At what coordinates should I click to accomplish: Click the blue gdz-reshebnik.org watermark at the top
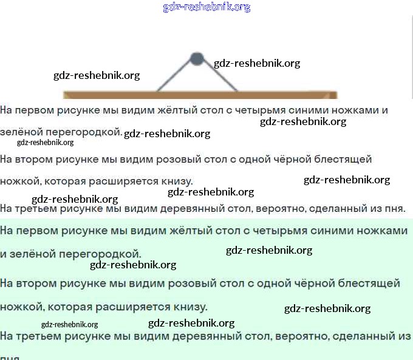tap(206, 7)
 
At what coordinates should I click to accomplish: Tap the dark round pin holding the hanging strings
tap(196, 59)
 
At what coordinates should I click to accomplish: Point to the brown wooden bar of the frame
tap(200, 95)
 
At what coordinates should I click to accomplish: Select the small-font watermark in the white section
tap(46, 143)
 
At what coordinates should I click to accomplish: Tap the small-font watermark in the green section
tap(70, 325)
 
